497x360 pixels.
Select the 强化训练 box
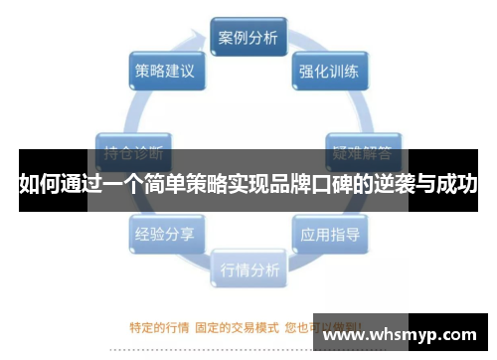tap(330, 72)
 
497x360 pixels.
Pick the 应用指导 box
tap(330, 235)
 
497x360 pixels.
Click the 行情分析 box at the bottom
tap(248, 269)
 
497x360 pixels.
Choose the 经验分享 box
tap(166, 235)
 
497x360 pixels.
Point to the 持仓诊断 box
tap(134, 154)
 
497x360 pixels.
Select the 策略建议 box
tap(166, 72)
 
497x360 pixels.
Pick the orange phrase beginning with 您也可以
tap(318, 325)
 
